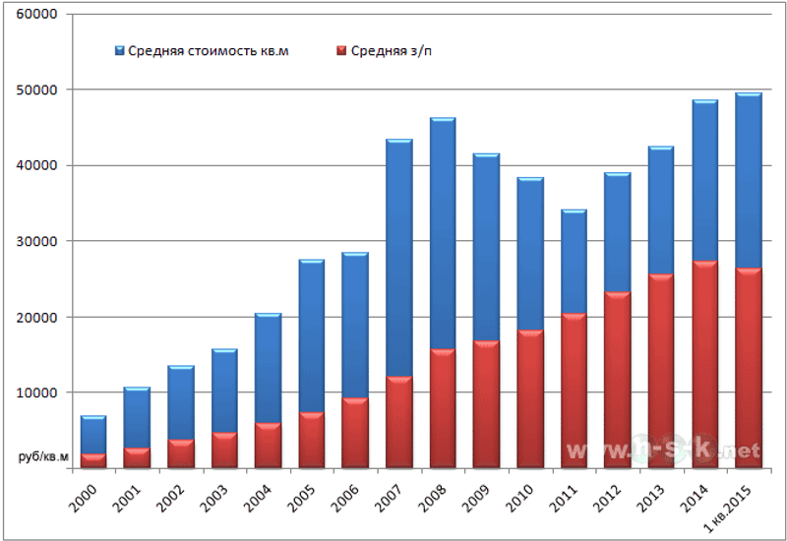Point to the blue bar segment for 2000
pos(93,436)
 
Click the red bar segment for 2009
pos(486,404)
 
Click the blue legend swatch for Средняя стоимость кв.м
pos(119,49)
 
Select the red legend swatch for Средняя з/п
pos(340,49)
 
